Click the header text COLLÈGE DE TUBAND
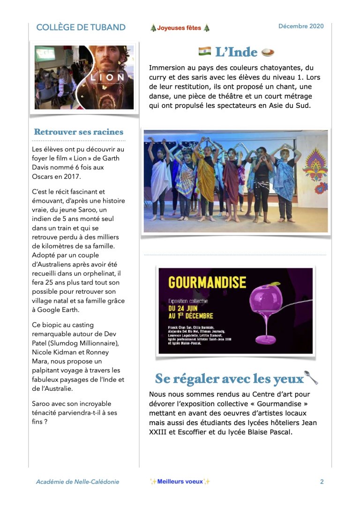pos(81,27)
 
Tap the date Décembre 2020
pos(301,26)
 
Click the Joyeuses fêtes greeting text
pos(179,28)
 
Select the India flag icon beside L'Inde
pos(205,51)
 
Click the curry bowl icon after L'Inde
pos(268,52)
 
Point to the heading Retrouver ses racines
pos(79,132)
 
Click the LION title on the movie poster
pos(108,77)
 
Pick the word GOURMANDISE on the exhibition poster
pos(207,282)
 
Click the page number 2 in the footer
pos(322,481)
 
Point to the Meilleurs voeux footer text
pos(180,481)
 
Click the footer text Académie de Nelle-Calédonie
pos(77,481)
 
